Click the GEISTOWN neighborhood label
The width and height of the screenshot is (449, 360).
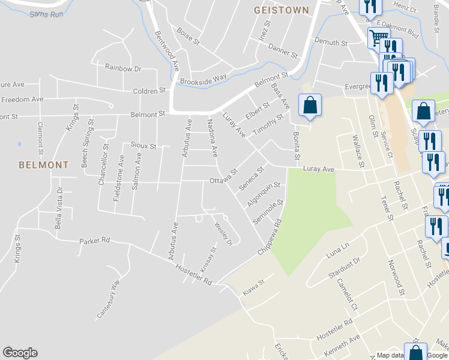click(x=281, y=10)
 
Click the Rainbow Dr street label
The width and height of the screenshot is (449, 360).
click(x=122, y=68)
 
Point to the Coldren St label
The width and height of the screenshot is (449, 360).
click(x=149, y=91)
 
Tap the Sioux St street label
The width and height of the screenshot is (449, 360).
click(x=143, y=146)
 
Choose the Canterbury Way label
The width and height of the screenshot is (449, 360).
click(x=109, y=299)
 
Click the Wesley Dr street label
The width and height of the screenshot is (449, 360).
click(x=223, y=233)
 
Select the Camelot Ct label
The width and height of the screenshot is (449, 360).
click(x=346, y=295)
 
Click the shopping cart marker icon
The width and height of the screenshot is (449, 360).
click(x=378, y=38)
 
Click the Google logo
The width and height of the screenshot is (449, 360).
click(x=20, y=353)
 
